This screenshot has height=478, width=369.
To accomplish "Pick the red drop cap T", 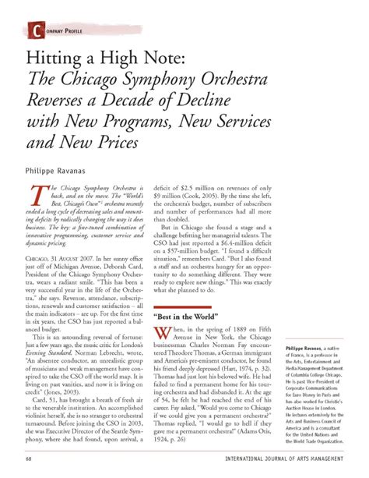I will (35, 198).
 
